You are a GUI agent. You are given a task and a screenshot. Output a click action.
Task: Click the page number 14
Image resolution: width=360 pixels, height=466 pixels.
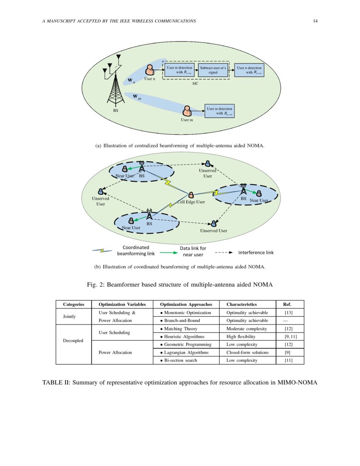316,21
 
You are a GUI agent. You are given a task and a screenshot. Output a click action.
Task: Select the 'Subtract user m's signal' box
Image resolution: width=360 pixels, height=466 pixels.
213,70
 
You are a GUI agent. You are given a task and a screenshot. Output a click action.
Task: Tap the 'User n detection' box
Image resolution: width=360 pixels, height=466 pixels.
249,70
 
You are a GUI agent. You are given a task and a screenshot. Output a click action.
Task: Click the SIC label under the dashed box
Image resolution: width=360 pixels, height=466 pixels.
196,84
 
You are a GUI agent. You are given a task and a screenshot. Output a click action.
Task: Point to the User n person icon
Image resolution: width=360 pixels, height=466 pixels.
150,70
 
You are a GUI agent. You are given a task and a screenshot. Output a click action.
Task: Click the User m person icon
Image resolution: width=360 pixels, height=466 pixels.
187,111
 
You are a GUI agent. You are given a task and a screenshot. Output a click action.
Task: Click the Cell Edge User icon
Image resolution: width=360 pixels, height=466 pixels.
191,195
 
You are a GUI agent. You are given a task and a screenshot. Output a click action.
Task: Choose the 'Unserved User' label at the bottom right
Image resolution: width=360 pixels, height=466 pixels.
213,231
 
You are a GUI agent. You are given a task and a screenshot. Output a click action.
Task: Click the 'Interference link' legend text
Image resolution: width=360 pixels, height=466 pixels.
256,252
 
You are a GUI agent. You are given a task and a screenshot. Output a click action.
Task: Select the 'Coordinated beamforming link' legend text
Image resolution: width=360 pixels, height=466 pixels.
136,250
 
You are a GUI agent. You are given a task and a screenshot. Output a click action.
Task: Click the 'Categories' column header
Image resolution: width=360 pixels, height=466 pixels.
74,304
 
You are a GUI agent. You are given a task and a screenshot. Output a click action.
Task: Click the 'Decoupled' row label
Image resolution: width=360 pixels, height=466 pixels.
73,340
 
